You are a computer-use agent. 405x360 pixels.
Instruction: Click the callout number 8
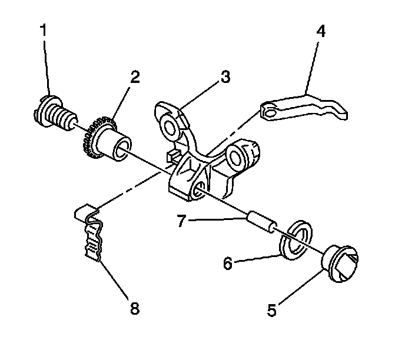click(x=135, y=308)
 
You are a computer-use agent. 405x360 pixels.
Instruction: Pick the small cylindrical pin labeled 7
click(x=259, y=221)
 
